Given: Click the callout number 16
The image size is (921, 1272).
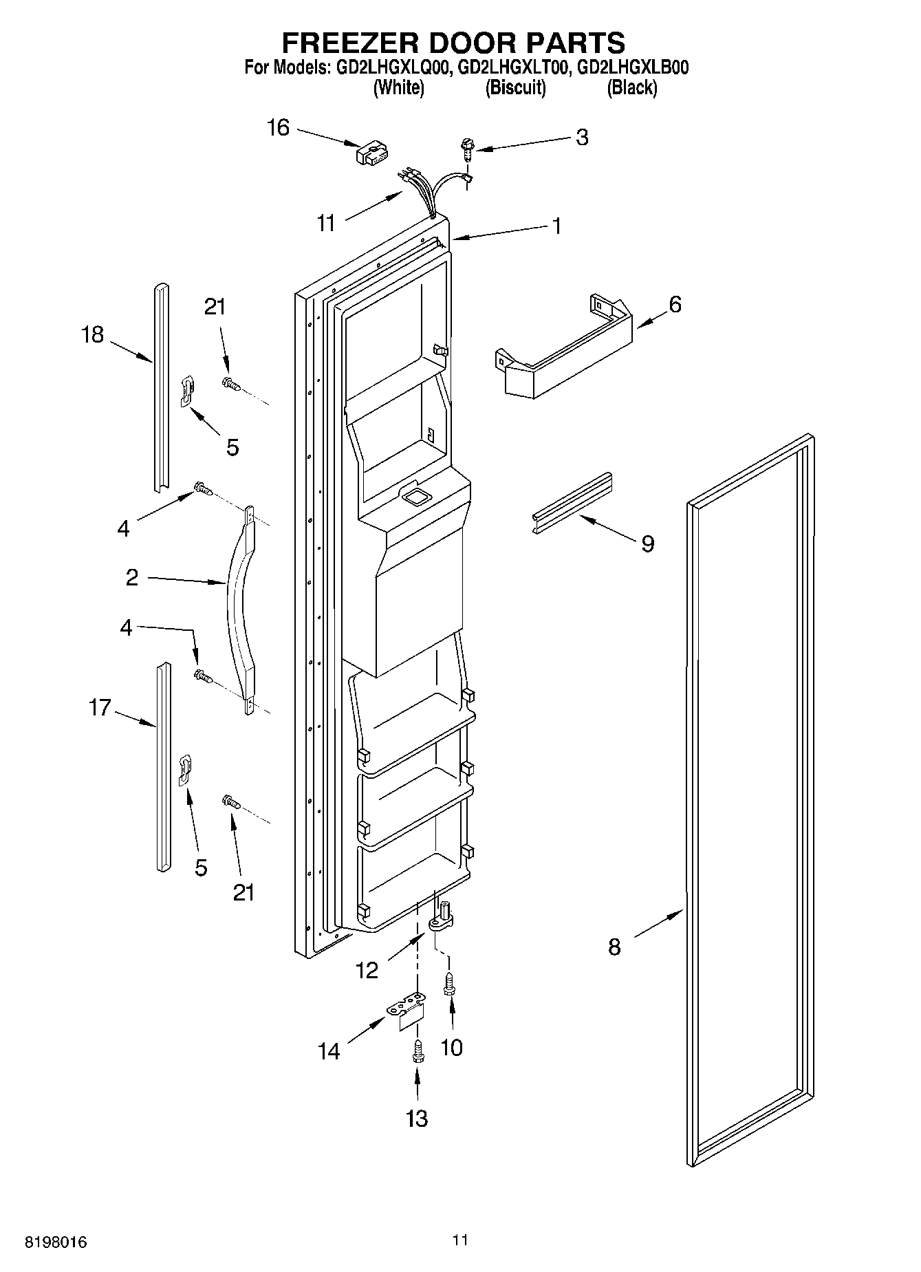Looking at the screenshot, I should (x=278, y=128).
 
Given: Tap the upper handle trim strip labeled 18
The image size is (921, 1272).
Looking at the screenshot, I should (x=161, y=385).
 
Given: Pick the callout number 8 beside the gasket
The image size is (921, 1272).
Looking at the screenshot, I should (x=614, y=947).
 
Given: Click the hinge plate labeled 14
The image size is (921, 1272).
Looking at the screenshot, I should (x=407, y=1011).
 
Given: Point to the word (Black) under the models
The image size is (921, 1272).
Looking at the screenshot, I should (x=631, y=88).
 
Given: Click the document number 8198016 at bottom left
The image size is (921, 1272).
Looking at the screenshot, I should (x=56, y=1242).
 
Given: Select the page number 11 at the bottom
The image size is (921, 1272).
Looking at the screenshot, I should (x=460, y=1240).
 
